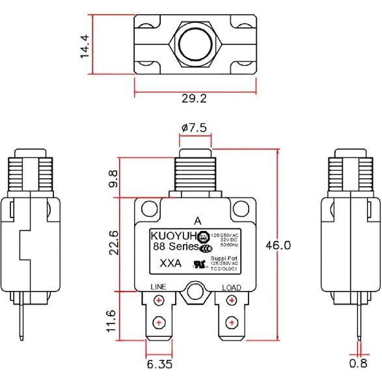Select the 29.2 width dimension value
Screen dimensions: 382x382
point(194,100)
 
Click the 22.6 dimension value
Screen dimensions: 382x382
point(114,243)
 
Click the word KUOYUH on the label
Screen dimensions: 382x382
point(174,236)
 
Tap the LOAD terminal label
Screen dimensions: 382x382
point(232,287)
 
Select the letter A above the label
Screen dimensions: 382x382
point(197,220)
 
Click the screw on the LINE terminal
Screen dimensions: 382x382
point(158,300)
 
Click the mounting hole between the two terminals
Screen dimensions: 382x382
point(194,293)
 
